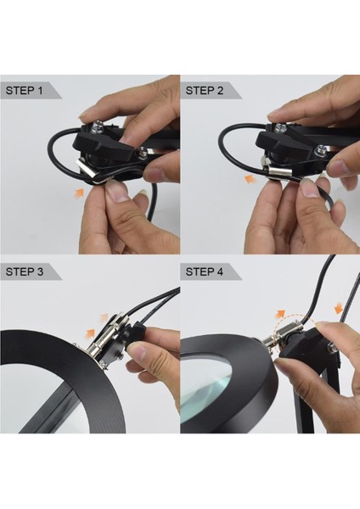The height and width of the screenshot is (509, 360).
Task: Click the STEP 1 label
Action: (x=24, y=90)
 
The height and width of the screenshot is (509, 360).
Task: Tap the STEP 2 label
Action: (x=205, y=90)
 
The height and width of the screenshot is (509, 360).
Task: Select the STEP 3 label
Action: (x=25, y=271)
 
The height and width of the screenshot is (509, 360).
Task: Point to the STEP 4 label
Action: (x=205, y=271)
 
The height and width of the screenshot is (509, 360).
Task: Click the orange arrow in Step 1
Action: (x=79, y=193)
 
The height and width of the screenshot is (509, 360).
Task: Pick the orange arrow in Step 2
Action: (x=250, y=178)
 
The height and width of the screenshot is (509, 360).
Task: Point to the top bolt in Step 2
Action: (x=278, y=128)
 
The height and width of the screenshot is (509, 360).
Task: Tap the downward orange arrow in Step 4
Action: (x=338, y=307)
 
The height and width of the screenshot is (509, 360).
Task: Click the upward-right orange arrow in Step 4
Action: (x=280, y=314)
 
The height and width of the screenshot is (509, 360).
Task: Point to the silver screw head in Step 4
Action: (x=331, y=347)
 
